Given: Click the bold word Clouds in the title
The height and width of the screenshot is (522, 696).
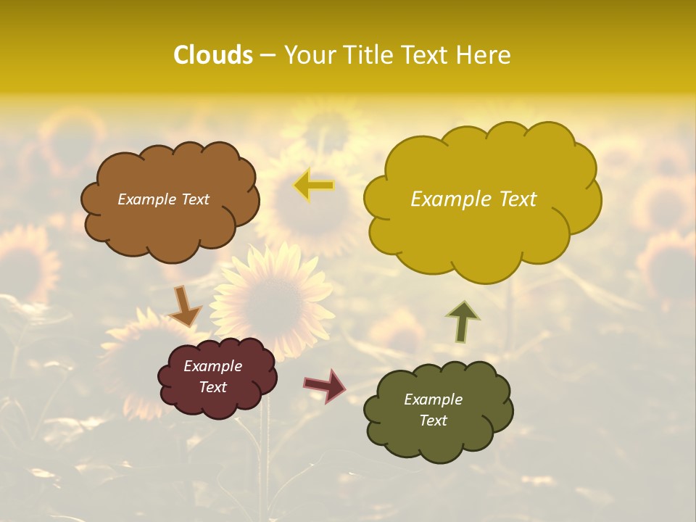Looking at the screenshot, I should [212, 54].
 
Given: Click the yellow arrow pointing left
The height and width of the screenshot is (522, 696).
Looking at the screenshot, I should [313, 186].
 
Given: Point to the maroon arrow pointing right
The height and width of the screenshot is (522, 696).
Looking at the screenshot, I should [325, 385].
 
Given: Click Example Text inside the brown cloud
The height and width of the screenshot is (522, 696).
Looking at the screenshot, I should [163, 199].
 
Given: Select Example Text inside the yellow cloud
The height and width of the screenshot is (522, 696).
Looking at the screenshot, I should [473, 199].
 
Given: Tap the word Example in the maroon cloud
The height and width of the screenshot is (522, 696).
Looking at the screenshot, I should [212, 366].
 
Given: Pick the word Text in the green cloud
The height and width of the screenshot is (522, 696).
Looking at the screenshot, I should [433, 420].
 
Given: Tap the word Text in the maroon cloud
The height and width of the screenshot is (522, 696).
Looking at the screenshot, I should [212, 387].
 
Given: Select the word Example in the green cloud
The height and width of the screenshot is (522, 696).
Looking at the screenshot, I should [433, 399].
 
